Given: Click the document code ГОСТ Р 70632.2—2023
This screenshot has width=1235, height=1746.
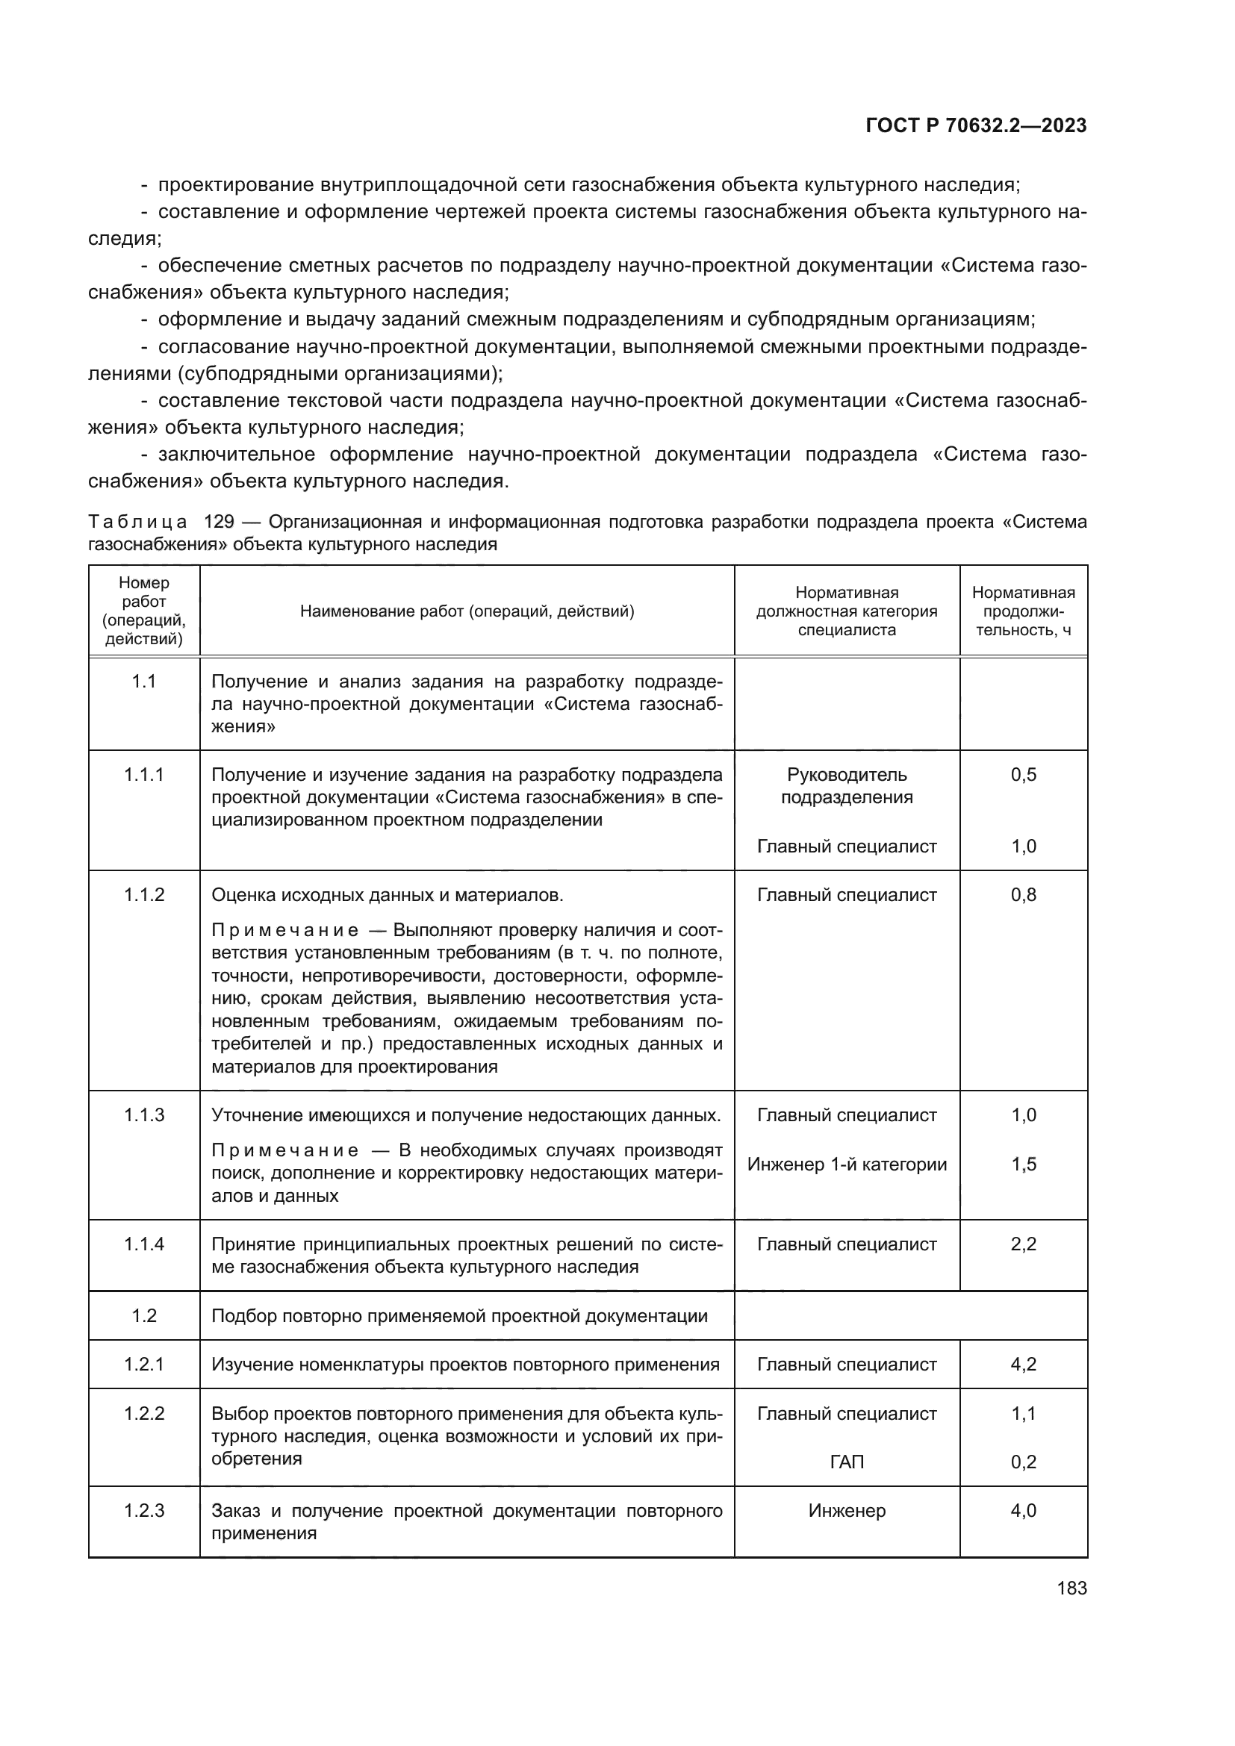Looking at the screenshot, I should pyautogui.click(x=976, y=126).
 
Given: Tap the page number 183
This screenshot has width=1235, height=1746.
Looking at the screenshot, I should pyautogui.click(x=1071, y=1588).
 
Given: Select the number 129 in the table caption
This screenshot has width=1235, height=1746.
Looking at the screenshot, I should pyautogui.click(x=219, y=522).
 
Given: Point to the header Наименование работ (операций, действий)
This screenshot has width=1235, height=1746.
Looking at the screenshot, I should pyautogui.click(x=467, y=611).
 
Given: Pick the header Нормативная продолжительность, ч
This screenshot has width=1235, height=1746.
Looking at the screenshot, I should pyautogui.click(x=1024, y=611).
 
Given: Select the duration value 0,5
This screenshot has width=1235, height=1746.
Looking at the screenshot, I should pyautogui.click(x=1024, y=775).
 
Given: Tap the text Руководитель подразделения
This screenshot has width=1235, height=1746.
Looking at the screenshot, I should pyautogui.click(x=847, y=785).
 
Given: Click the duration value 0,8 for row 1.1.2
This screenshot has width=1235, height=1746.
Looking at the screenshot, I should pyautogui.click(x=1024, y=895).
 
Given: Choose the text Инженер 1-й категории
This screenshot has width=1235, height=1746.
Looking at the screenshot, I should pyautogui.click(x=847, y=1164).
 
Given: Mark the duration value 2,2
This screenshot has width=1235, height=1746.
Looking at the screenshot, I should pyautogui.click(x=1024, y=1245).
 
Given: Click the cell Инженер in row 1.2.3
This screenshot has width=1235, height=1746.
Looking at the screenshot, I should pyautogui.click(x=847, y=1511).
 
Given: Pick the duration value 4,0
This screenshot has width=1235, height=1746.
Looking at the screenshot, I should pyautogui.click(x=1024, y=1511).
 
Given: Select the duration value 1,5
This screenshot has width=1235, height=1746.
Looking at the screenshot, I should pyautogui.click(x=1024, y=1164).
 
